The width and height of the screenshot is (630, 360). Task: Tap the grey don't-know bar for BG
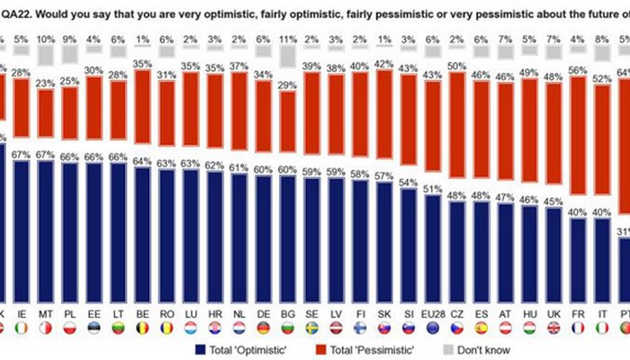(286, 56)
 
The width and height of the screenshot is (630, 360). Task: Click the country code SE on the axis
(310, 313)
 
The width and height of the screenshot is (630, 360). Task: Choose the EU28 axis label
(432, 313)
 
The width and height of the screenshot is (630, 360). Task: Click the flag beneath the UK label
(553, 328)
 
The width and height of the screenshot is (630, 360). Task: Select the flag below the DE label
(262, 328)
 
